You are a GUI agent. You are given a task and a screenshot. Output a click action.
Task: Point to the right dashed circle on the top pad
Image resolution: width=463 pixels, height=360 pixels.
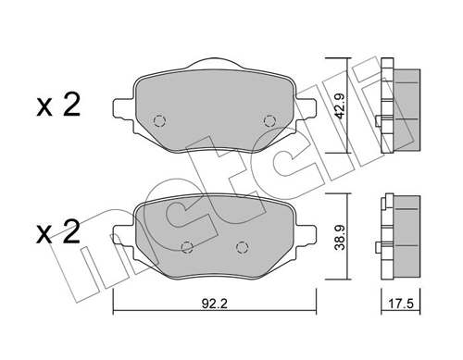pos(269,120)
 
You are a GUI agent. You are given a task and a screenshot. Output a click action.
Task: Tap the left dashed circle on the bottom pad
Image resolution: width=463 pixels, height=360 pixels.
pos(188,246)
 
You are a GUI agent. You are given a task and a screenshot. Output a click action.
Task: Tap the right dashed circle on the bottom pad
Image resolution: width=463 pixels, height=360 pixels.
pos(243,246)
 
